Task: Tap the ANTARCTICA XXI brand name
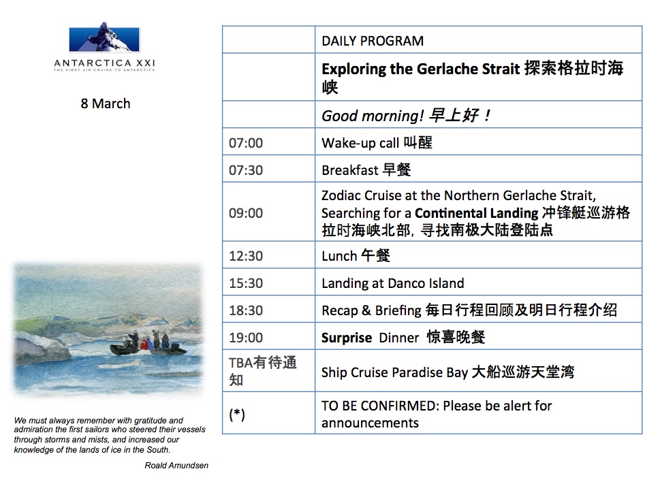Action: point(105,63)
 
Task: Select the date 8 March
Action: point(106,103)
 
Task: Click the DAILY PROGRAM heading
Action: point(373,41)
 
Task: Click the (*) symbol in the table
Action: point(237,415)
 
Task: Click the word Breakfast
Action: point(350,170)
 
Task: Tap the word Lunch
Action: point(339,256)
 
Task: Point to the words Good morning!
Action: point(373,116)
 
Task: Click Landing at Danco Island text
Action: point(393,283)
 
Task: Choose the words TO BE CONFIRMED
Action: point(381,406)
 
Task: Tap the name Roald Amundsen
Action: point(176,466)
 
